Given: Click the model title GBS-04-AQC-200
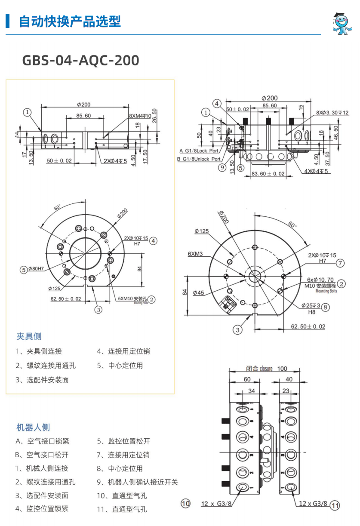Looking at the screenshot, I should [x=80, y=61].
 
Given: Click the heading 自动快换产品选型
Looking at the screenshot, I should [x=70, y=21].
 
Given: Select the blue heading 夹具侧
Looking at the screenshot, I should [x=29, y=336].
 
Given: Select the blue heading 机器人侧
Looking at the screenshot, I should [x=33, y=427].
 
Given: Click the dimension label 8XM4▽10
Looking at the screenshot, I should [x=140, y=116].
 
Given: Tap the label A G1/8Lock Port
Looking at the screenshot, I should [x=199, y=151].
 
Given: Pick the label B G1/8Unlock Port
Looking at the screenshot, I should [x=199, y=159].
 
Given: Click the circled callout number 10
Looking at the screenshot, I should [x=185, y=504].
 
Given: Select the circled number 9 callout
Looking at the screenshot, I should [x=222, y=168].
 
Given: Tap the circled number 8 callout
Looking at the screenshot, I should [x=326, y=307].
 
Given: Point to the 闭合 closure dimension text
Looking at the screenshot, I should [x=259, y=369].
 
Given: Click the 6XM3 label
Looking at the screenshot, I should [x=195, y=254].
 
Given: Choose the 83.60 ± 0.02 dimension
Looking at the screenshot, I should [x=268, y=173].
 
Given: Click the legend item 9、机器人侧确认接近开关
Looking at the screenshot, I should [x=137, y=482].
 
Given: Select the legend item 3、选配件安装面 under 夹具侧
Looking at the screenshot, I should [x=42, y=380].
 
